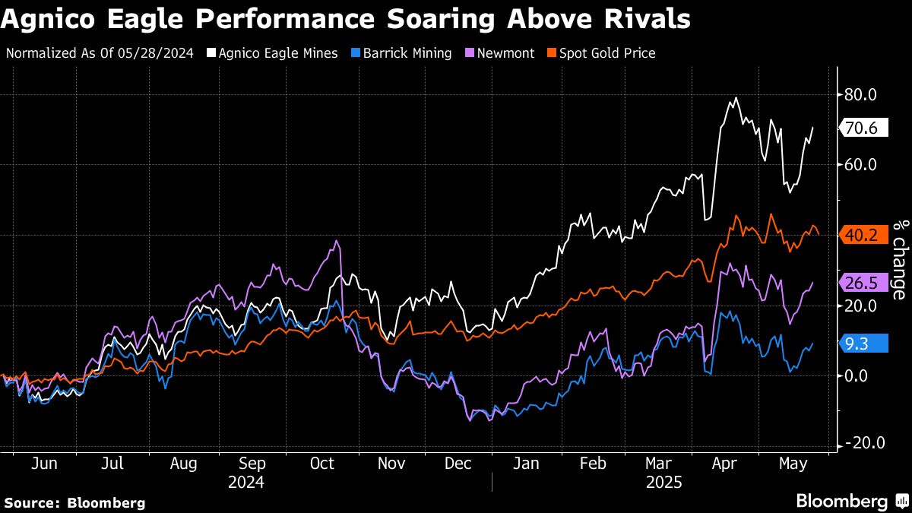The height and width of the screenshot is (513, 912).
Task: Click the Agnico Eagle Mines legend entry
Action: (278, 53)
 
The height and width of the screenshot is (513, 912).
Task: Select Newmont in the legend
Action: (505, 53)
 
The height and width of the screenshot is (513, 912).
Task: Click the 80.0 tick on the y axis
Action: (860, 95)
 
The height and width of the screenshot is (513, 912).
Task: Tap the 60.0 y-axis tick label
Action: (860, 165)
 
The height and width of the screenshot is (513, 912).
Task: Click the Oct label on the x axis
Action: (322, 464)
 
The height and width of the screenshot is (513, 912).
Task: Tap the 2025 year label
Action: (663, 483)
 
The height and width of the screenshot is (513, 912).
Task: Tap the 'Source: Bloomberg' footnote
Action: (74, 502)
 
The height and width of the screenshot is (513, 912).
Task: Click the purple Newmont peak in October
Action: (337, 242)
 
